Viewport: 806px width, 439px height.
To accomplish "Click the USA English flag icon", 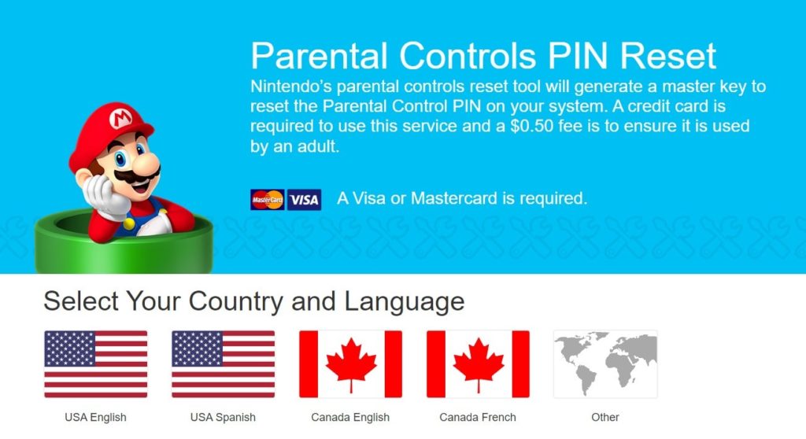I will [95, 363].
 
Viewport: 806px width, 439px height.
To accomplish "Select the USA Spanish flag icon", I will [223, 363].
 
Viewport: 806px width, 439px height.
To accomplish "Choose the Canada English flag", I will [350, 363].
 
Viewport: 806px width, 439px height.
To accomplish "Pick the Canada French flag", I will [478, 363].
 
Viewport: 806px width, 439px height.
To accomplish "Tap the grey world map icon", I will [605, 363].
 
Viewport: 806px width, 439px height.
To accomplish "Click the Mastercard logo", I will [267, 200].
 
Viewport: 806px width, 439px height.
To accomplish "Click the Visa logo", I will [304, 200].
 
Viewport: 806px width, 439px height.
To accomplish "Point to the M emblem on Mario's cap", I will [122, 119].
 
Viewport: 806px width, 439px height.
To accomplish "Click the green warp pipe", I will [123, 244].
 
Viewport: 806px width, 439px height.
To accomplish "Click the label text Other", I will [605, 417].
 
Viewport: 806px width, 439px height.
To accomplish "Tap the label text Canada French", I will [478, 417].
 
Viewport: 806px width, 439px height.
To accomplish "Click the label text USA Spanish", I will [223, 417].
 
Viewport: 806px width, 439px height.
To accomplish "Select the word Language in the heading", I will [404, 301].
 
